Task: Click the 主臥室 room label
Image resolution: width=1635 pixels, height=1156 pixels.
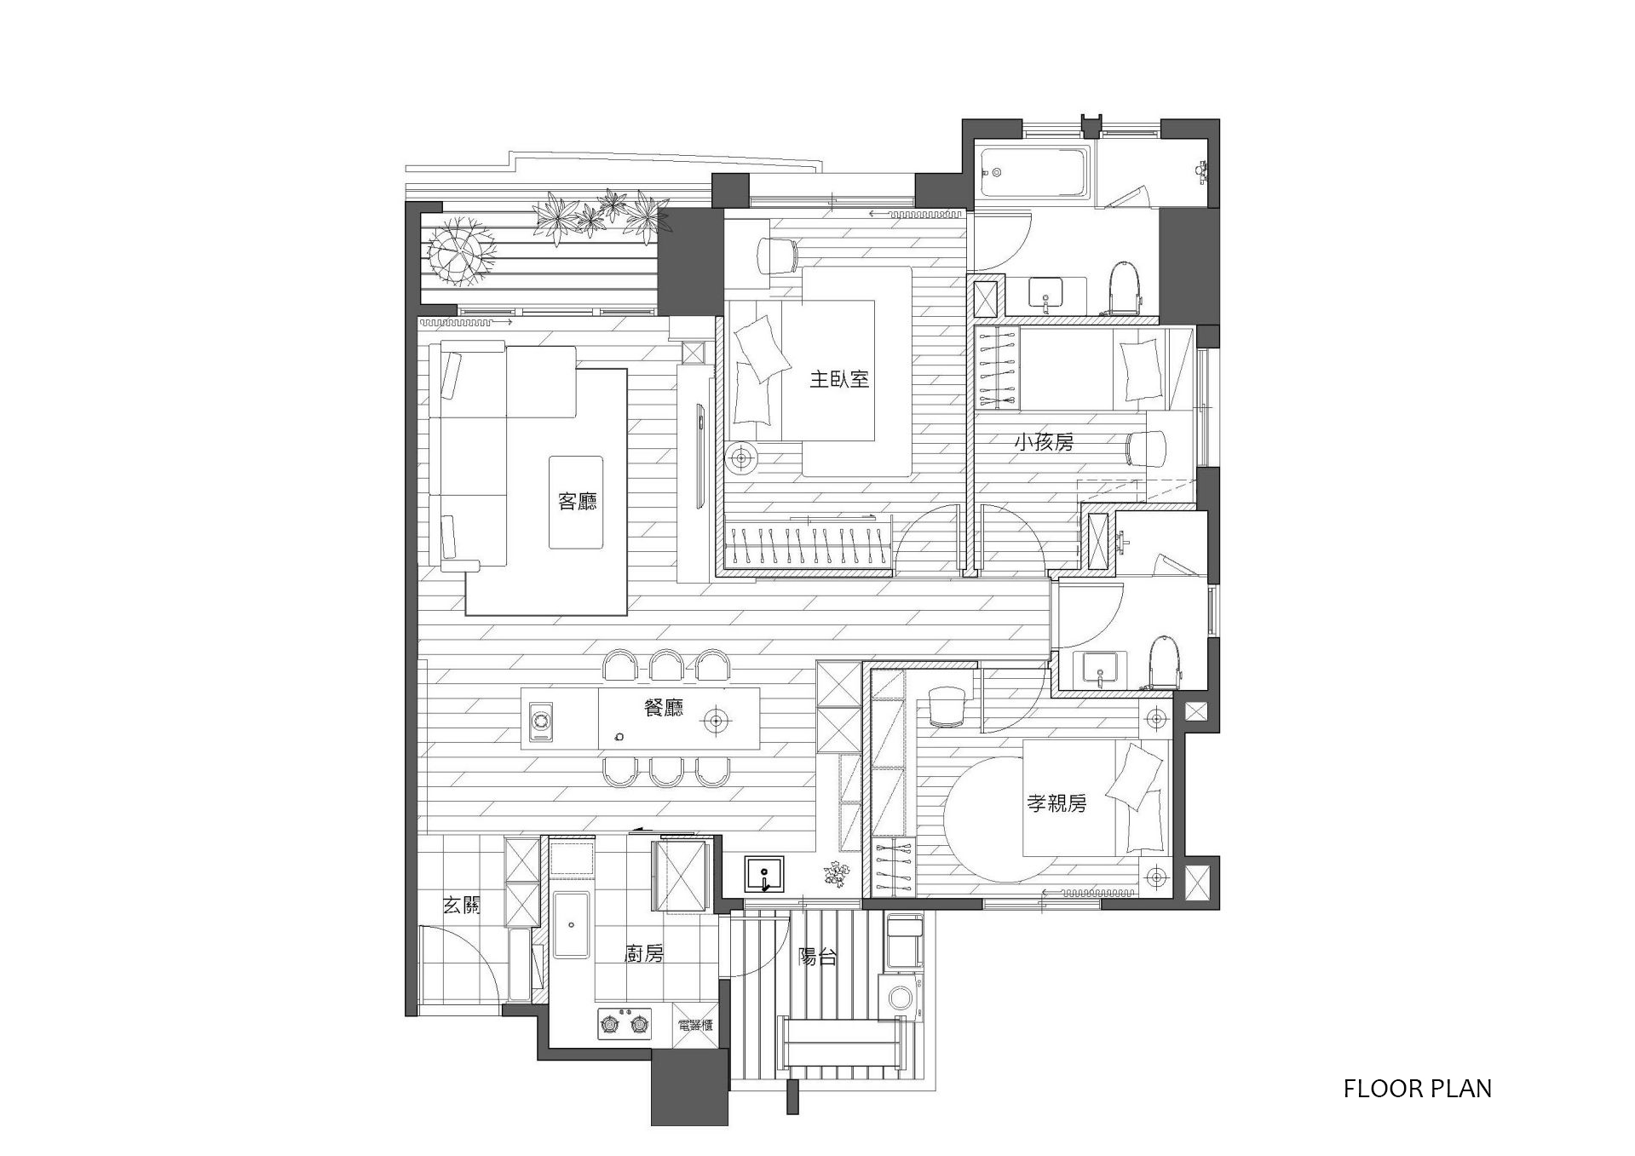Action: [x=839, y=379]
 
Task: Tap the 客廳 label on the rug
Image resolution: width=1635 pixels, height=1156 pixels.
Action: [x=578, y=501]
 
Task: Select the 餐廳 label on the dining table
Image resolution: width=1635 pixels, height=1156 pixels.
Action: [x=664, y=707]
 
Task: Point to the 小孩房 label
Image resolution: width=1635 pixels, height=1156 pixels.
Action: [x=1044, y=442]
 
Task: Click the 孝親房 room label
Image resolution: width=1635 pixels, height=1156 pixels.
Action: [x=1056, y=802]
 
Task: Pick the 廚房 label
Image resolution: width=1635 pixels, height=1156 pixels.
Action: [x=644, y=954]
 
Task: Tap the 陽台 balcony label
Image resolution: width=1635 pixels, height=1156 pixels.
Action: [x=817, y=957]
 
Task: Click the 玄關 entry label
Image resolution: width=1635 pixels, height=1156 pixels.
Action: [x=461, y=906]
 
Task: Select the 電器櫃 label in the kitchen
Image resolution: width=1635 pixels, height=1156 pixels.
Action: [x=695, y=1026]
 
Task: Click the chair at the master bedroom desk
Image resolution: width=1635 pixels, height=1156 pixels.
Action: [x=776, y=255]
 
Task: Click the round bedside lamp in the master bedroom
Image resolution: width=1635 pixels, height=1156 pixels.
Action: [x=741, y=458]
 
